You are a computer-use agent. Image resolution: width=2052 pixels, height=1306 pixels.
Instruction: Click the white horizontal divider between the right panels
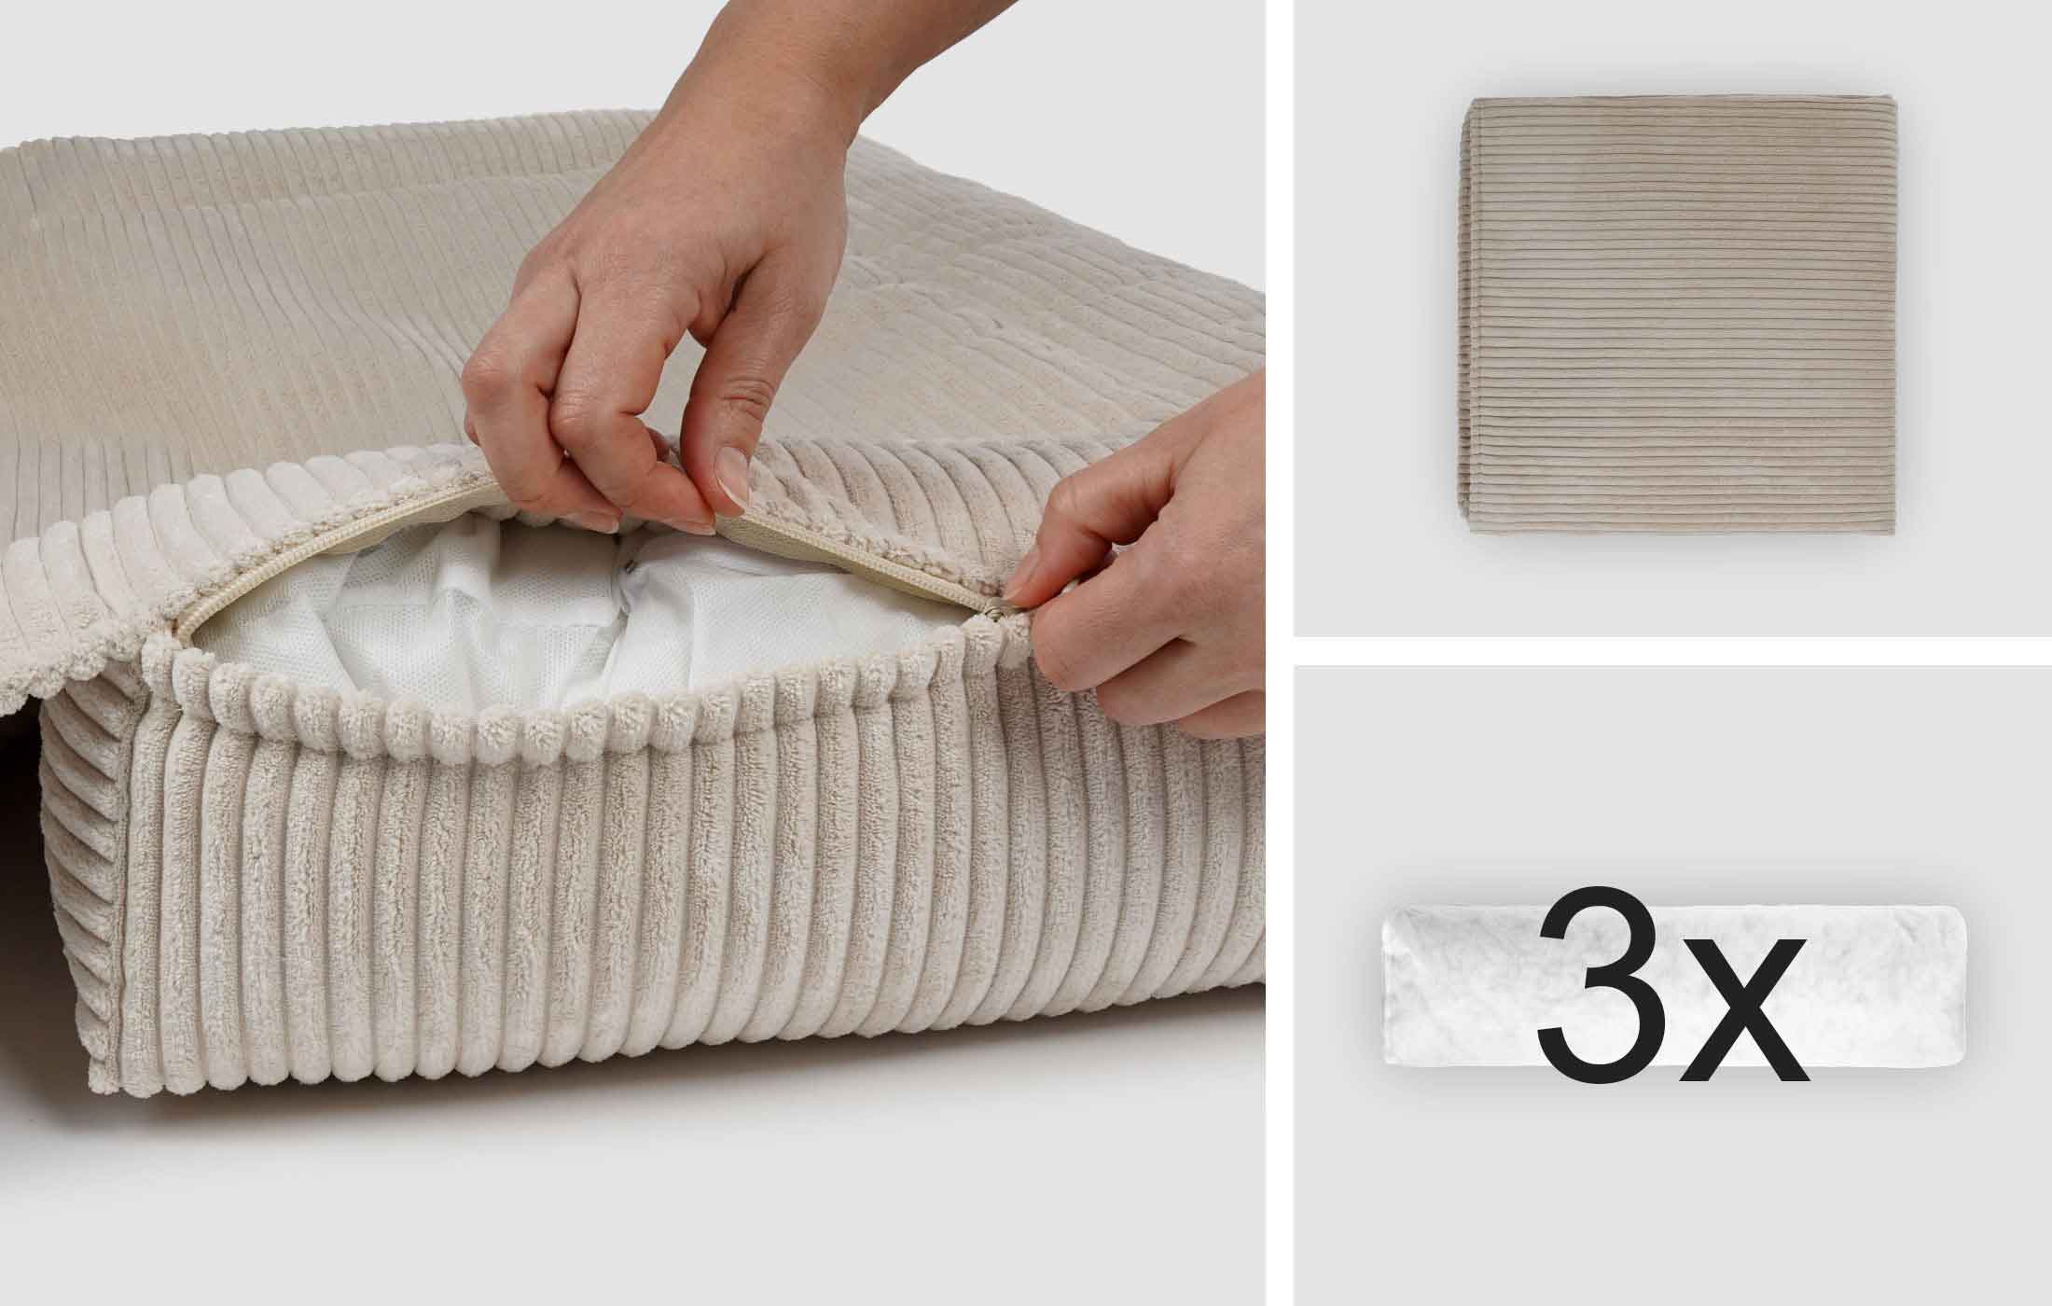[1671, 652]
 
